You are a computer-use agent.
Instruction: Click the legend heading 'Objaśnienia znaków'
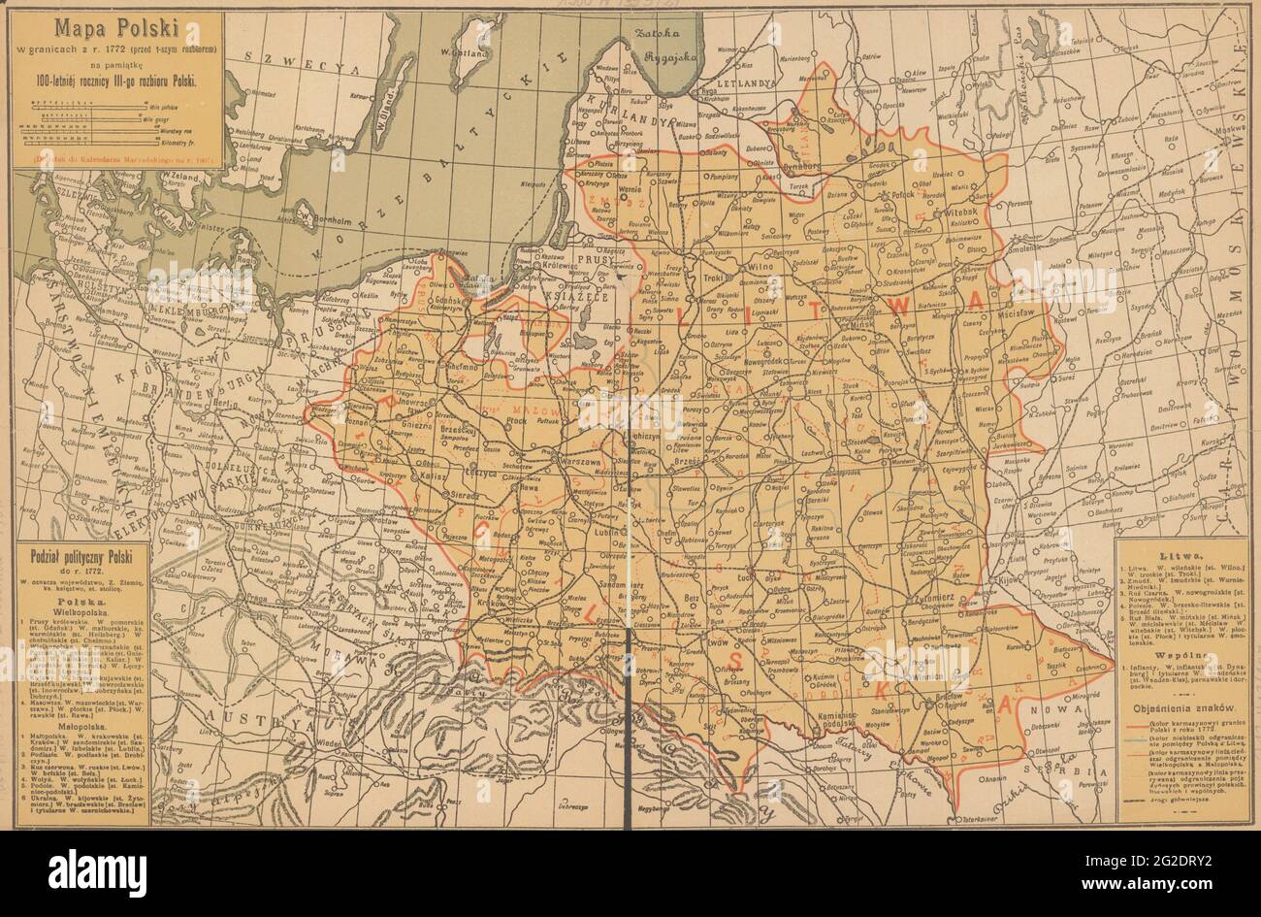click(1172, 709)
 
